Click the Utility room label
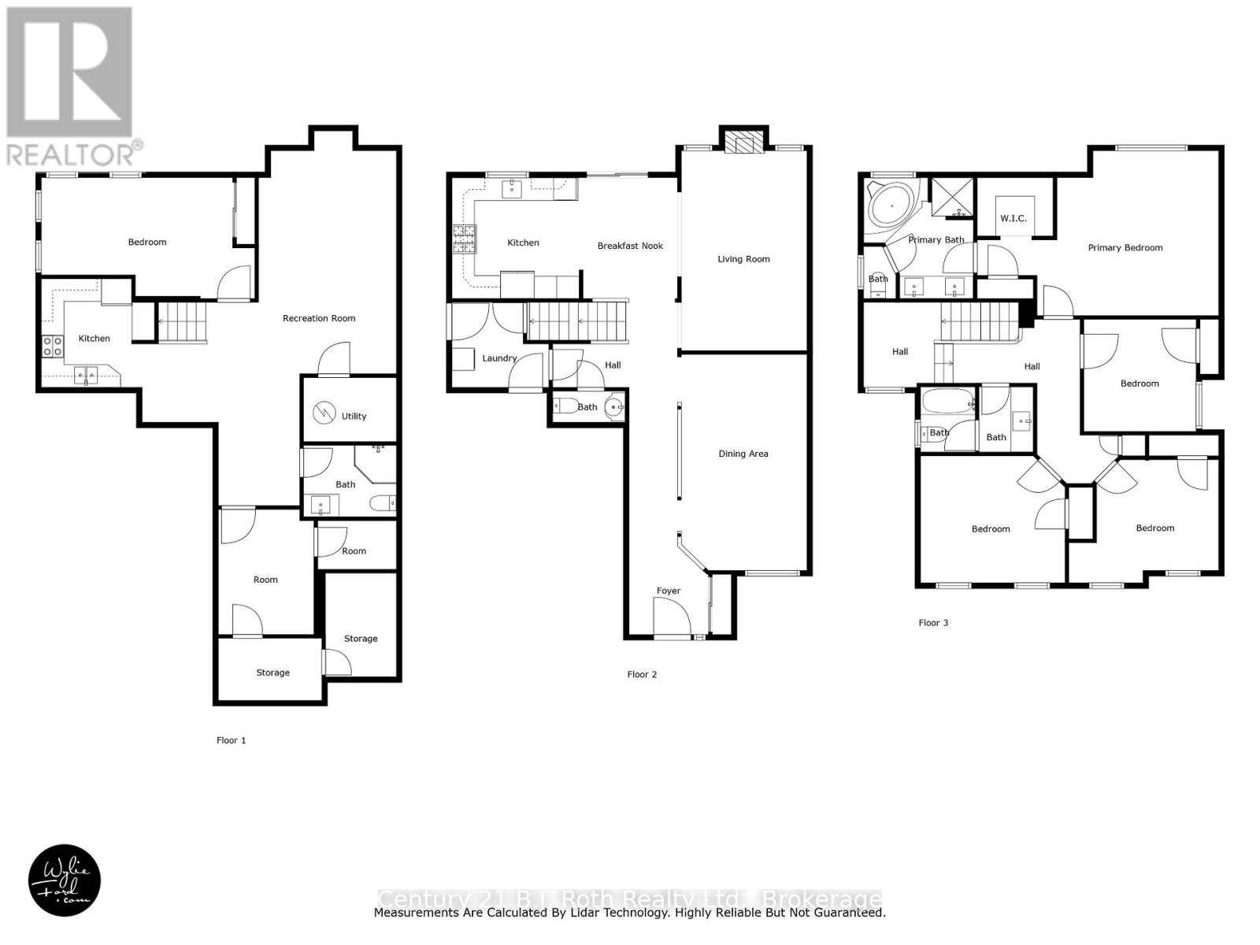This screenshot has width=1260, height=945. (354, 416)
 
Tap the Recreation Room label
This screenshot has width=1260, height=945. (319, 318)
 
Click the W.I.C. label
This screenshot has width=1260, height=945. (1014, 218)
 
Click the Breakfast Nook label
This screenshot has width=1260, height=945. (630, 246)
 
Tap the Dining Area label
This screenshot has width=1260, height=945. (743, 454)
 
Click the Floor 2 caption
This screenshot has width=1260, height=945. (642, 674)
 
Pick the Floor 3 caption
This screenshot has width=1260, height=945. (933, 622)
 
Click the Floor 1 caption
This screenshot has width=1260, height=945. (232, 740)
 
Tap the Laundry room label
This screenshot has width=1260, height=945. (499, 358)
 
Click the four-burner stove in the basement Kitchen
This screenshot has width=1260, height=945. (53, 346)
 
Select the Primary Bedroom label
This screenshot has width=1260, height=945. (1125, 247)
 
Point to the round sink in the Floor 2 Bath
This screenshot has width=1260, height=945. (614, 408)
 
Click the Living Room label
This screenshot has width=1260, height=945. (743, 259)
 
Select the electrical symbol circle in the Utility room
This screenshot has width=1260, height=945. (324, 413)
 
